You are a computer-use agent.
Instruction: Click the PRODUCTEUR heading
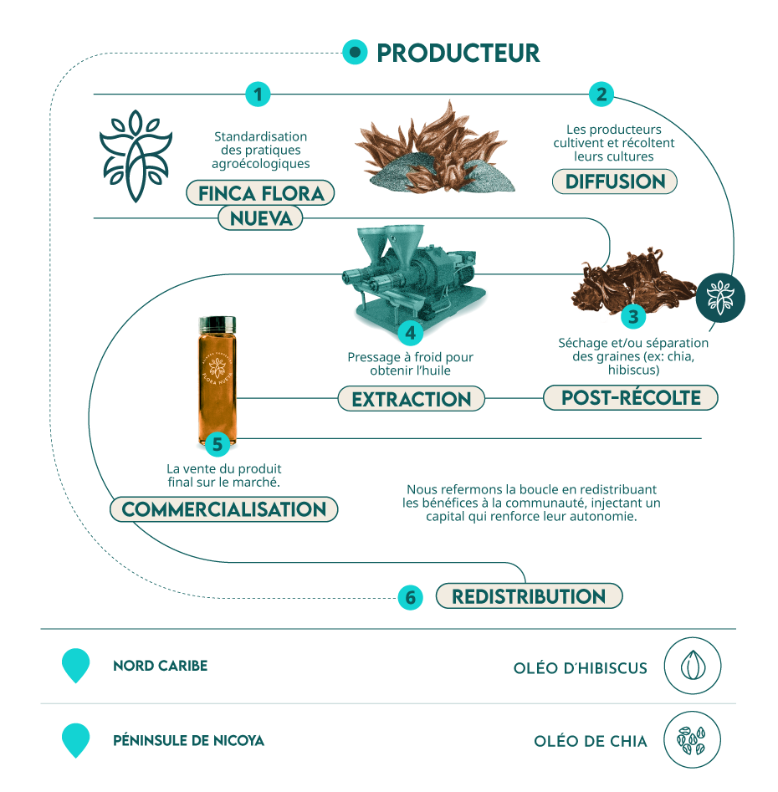pos(458,53)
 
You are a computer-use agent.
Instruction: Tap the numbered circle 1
pos(258,95)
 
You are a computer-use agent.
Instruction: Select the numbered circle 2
pos(601,95)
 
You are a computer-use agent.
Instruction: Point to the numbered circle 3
pos(633,317)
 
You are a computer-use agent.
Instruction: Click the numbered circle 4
pos(410,333)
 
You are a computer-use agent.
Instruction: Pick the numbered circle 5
pos(218,444)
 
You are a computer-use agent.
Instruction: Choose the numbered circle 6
pos(410,597)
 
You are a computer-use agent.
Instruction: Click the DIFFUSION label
pos(615,181)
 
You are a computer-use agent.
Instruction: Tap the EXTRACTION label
pos(412,399)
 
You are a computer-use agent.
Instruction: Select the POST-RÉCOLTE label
pos(631,397)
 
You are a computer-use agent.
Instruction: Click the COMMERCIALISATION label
pos(224,509)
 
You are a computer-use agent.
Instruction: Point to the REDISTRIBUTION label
pos(529,596)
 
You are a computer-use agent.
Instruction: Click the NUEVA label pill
pos(261,218)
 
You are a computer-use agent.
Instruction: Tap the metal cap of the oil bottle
pos(218,324)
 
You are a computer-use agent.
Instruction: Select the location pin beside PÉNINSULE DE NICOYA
pos(76,740)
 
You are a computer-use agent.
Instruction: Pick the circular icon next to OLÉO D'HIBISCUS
pos(693,666)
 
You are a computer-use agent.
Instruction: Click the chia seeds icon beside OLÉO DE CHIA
pos(692,740)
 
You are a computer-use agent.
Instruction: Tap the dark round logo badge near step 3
pos(720,298)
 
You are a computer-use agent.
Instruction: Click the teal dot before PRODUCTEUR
pos(355,52)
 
